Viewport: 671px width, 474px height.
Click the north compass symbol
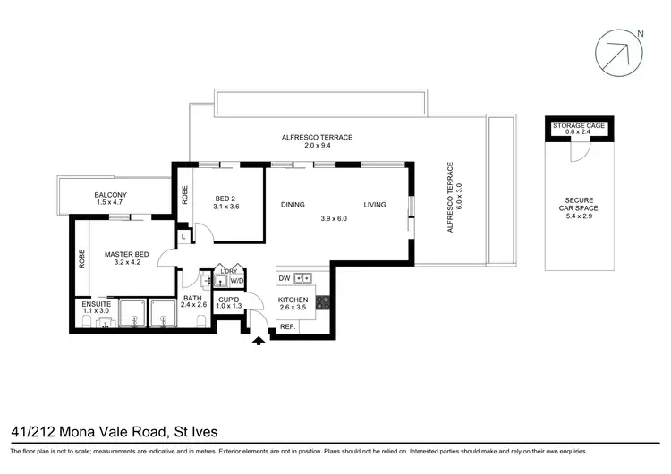coord(618,50)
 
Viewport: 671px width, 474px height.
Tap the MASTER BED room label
coord(125,254)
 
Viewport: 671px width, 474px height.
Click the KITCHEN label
coord(293,300)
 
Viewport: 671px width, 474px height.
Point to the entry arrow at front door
coord(259,339)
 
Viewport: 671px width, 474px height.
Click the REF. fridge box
coord(287,326)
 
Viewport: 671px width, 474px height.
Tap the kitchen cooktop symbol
coord(323,302)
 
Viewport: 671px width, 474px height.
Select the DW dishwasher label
coord(284,277)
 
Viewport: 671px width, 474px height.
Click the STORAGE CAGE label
coord(579,126)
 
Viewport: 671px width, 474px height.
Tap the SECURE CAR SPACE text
coord(579,205)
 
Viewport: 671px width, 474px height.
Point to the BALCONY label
coord(110,195)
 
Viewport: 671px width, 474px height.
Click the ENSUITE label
coord(96,304)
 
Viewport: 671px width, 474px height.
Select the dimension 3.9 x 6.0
coord(334,217)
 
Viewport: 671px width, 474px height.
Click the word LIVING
coord(375,205)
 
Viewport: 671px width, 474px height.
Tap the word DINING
coord(293,205)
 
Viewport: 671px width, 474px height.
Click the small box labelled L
coord(183,236)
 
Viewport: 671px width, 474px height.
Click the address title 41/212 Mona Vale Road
coord(114,432)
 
